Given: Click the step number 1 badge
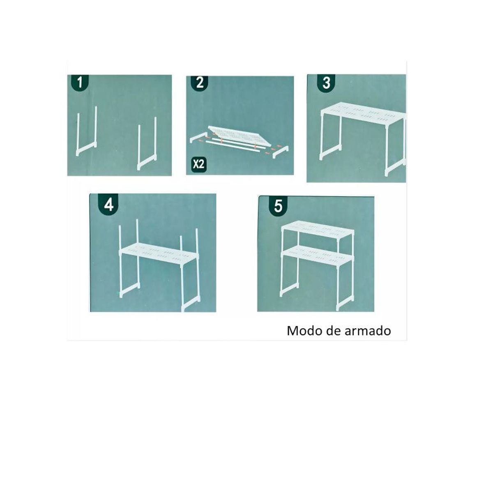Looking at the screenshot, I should [80, 82].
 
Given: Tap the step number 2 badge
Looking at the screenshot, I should [200, 83].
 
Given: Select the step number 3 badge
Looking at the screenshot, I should [326, 82].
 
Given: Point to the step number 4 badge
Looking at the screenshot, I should [109, 204].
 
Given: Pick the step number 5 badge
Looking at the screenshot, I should [279, 206].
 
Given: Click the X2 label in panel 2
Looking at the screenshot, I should [199, 164].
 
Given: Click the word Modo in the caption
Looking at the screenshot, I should [302, 331].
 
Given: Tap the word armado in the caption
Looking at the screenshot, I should [368, 331].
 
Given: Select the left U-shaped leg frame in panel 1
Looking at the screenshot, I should [87, 131].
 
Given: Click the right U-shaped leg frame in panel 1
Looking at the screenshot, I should [147, 144].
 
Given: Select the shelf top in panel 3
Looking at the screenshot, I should [362, 113].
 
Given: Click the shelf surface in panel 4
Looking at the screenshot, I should [158, 254].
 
